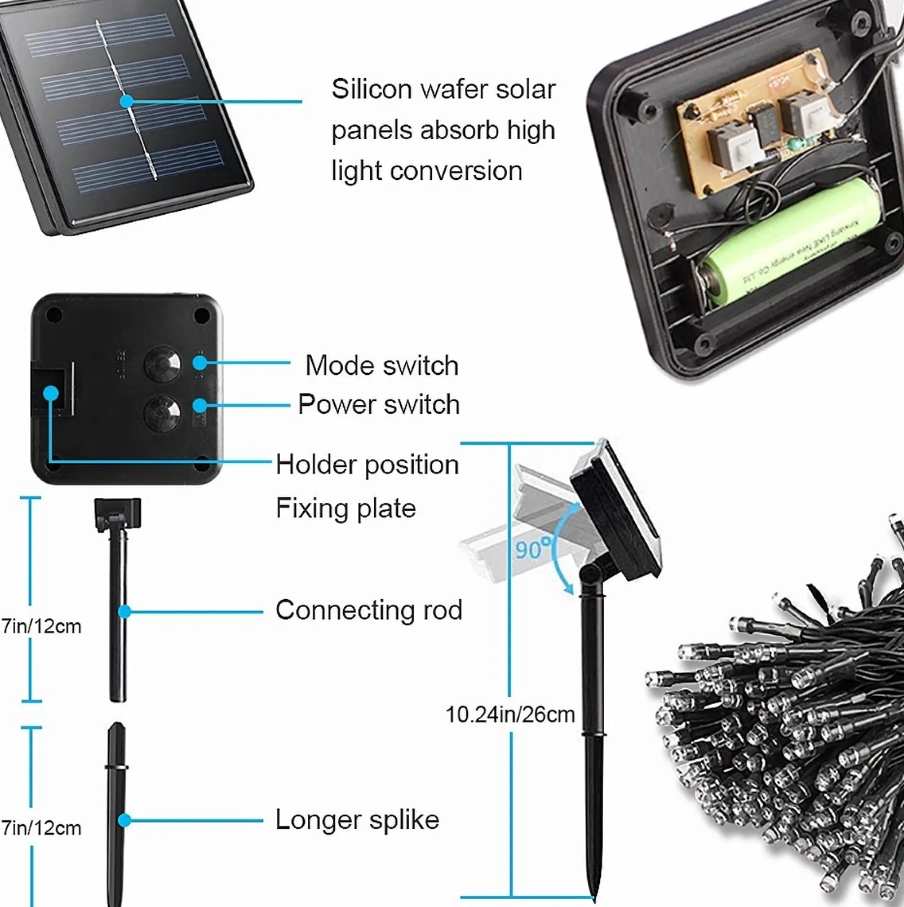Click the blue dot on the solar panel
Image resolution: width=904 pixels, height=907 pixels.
click(x=126, y=101)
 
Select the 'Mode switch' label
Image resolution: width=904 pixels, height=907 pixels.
click(x=381, y=365)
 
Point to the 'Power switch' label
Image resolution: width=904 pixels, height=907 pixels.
click(x=379, y=404)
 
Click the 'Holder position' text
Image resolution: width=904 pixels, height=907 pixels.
click(x=367, y=465)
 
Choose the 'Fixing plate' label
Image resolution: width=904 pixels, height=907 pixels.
click(x=345, y=508)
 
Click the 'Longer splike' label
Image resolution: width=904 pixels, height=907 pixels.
click(x=357, y=820)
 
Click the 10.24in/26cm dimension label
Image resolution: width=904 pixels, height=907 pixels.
click(x=510, y=714)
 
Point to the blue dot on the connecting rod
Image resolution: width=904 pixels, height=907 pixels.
click(x=124, y=611)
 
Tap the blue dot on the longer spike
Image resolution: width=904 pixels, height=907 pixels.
click(x=124, y=820)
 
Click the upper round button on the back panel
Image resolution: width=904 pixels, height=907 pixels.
click(x=162, y=364)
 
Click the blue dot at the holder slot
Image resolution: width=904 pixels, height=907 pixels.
click(x=51, y=393)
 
